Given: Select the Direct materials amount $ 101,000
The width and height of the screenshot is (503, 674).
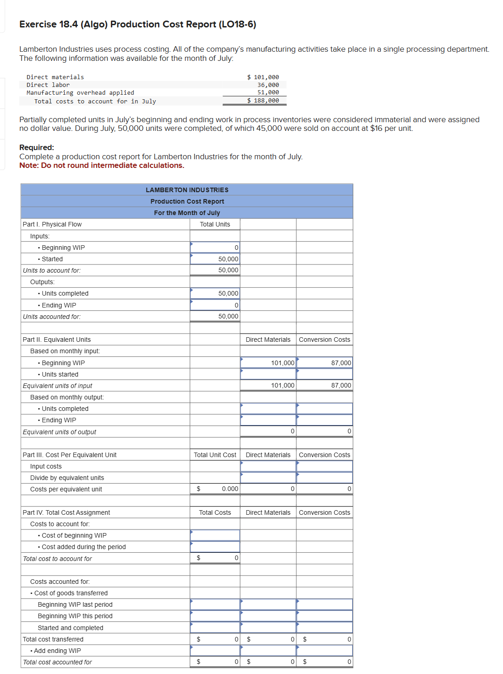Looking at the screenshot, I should [x=263, y=77].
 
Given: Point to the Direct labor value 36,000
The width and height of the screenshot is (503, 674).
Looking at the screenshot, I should [x=268, y=85].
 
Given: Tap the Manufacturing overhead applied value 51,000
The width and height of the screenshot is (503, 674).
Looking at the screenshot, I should [x=268, y=92].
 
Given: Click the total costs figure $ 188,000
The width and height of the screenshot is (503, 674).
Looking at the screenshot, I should [x=263, y=101].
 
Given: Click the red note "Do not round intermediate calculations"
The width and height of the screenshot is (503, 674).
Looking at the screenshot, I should [x=112, y=166].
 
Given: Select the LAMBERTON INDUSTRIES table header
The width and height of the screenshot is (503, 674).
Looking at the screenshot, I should [x=187, y=190].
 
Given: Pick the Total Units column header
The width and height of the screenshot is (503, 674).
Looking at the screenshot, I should [x=215, y=224].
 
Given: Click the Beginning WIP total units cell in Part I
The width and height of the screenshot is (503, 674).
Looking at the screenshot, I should [x=215, y=248].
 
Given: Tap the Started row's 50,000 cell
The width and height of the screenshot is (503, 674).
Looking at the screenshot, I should [x=215, y=259].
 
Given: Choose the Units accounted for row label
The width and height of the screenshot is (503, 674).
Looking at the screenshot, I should [x=52, y=317].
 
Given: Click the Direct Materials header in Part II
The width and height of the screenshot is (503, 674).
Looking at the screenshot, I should [x=268, y=340].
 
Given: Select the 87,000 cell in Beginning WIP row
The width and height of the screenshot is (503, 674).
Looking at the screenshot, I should [x=324, y=363].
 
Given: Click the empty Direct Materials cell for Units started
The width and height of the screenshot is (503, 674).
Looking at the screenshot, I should [x=268, y=374].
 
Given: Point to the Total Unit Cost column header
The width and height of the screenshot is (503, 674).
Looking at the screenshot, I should [x=215, y=455].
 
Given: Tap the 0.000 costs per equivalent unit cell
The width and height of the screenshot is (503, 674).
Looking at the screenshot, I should [x=215, y=489].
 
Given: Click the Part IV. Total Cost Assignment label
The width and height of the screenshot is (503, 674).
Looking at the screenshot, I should [x=66, y=512].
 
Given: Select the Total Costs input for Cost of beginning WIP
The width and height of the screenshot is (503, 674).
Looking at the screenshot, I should [x=215, y=535].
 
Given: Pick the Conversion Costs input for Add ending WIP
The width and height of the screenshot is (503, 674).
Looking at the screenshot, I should [x=324, y=651].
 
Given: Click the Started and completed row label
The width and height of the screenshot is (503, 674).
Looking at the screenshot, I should [x=71, y=628].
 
